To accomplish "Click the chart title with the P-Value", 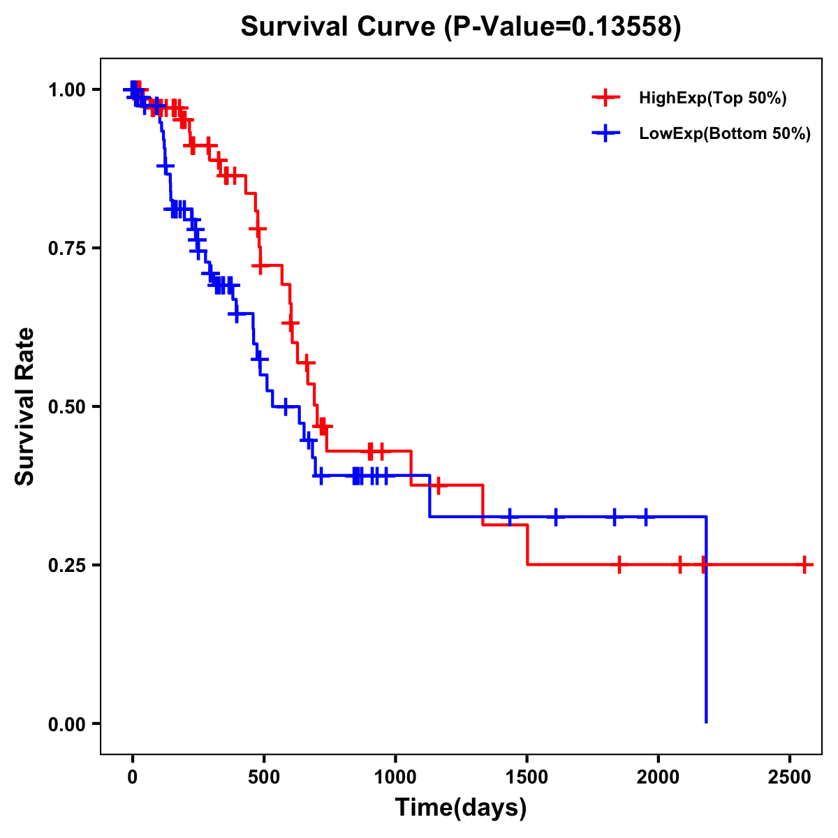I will pos(460,27).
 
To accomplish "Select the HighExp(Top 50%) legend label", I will pos(712,98).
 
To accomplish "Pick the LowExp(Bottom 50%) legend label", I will pos(724,133).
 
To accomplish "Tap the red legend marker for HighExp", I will pos(605,98).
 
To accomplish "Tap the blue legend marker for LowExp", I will pos(605,133).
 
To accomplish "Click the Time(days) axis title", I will pos(460,808).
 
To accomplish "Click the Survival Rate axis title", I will pos(26,406).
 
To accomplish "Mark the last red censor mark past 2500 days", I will pos(804,564).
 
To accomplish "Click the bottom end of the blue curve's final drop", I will pos(706,721).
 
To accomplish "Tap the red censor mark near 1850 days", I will pos(619,564).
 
